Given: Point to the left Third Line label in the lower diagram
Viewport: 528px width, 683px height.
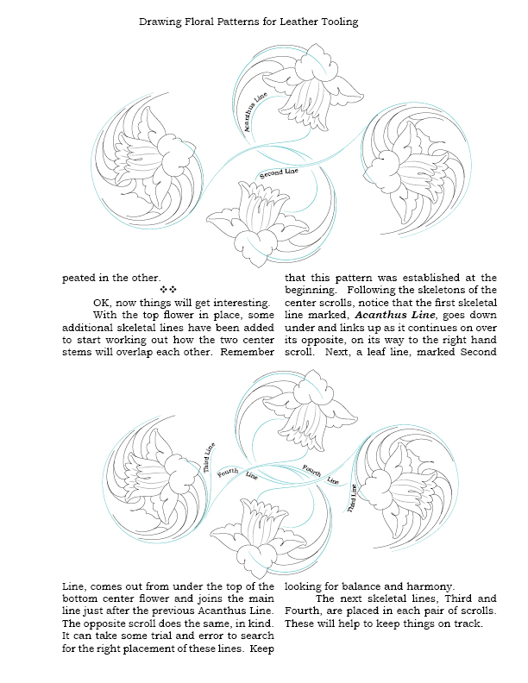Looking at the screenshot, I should [x=208, y=457].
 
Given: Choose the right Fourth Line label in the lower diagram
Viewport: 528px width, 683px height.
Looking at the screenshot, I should [x=320, y=473].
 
